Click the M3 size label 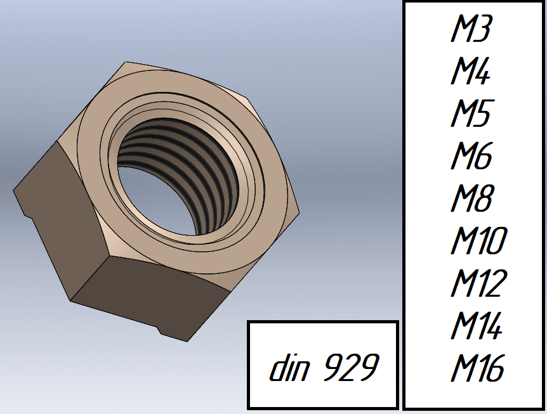tap(471, 29)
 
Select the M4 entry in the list tap(470, 71)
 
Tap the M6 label tap(471, 155)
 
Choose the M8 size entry tap(472, 198)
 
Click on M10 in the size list tap(478, 240)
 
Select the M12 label tap(478, 283)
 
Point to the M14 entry tap(477, 325)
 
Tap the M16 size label tap(478, 368)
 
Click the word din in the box tap(289, 367)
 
